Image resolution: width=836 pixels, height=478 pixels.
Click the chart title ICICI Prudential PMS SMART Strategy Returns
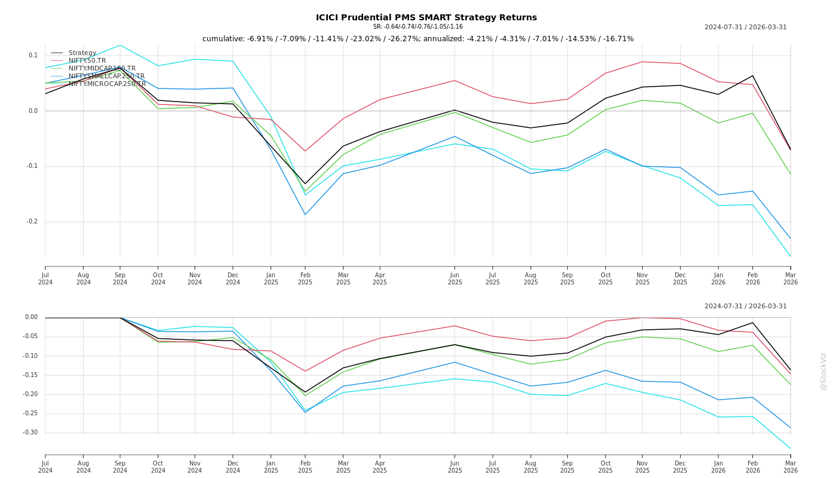click(x=426, y=17)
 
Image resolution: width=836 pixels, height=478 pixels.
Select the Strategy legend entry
click(x=82, y=53)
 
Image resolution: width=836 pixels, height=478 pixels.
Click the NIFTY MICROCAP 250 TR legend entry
click(x=107, y=84)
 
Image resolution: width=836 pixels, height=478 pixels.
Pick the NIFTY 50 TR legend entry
click(x=87, y=61)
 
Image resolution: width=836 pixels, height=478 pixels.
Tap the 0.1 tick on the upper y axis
click(x=33, y=56)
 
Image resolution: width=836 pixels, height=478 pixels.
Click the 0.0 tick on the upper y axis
click(x=33, y=111)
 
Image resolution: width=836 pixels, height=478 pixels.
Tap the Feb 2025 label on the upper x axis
click(x=305, y=279)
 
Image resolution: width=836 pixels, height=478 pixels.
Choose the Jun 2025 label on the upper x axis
click(x=455, y=279)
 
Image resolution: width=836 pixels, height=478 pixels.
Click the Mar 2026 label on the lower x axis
click(x=791, y=467)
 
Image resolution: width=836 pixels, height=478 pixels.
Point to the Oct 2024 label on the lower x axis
click(x=158, y=467)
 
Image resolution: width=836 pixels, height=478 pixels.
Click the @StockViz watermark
click(x=823, y=371)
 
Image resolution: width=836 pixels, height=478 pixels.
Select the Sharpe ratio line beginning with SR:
click(x=417, y=27)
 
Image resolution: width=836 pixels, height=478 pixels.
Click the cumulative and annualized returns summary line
click(x=417, y=39)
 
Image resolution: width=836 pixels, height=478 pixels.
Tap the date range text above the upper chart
click(x=745, y=27)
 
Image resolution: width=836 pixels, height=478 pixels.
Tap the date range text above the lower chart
click(x=745, y=307)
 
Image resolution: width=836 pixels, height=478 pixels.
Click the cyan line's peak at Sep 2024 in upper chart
click(x=120, y=45)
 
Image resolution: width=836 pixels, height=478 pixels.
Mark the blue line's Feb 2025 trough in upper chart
click(x=305, y=215)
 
